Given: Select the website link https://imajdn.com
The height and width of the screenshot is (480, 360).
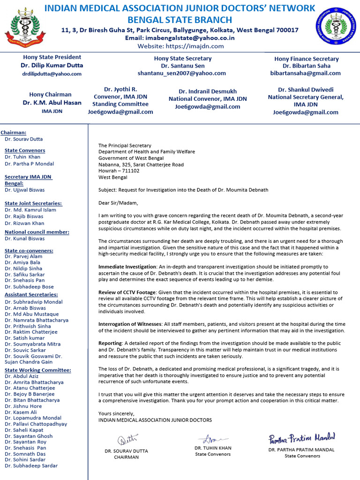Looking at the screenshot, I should [180, 46].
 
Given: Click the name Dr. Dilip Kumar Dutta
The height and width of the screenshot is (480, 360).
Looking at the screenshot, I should [52, 66].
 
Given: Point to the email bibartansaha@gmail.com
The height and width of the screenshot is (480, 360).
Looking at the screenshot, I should [305, 74].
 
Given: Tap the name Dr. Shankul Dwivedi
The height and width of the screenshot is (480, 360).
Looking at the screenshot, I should [305, 90].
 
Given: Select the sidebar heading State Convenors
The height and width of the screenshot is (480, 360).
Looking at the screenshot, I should [25, 150].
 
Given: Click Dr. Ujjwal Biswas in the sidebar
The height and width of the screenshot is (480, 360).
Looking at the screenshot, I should [25, 190].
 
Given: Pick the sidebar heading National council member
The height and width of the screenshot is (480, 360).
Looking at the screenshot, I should [37, 232].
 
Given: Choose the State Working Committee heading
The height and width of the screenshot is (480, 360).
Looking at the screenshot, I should [38, 370].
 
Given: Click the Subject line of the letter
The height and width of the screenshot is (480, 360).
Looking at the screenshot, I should [183, 190].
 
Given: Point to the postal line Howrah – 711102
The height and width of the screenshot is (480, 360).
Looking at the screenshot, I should [119, 171].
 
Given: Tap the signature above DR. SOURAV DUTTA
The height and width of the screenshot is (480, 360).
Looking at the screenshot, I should [127, 440].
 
